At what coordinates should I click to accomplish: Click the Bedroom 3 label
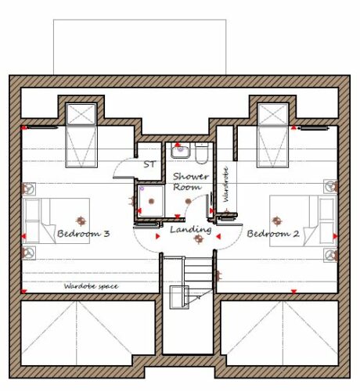83,234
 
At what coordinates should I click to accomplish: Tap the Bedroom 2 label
273,234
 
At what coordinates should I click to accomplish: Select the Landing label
191,230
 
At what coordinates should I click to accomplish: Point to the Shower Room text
191,181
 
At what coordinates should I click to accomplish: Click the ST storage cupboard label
149,164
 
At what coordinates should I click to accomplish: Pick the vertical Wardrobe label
226,184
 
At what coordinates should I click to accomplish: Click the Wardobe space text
91,286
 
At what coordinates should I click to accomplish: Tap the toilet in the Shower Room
201,153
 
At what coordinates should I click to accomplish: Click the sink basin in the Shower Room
181,152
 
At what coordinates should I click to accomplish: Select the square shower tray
151,201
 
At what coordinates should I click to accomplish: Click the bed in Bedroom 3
56,221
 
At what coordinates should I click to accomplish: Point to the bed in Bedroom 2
304,221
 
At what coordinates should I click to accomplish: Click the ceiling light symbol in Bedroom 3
81,221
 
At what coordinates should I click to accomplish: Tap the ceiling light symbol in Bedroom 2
277,221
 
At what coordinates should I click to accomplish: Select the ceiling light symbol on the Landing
199,238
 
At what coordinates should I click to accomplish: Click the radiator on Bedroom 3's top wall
42,127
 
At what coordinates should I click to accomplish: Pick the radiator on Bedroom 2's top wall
314,128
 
